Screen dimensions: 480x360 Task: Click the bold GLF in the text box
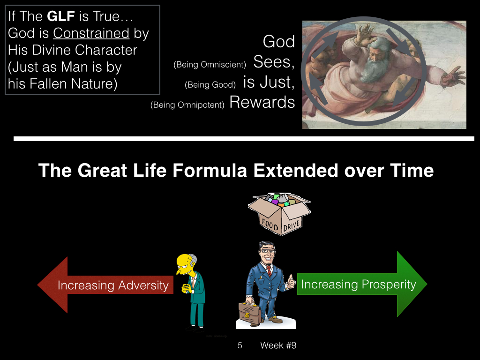pyautogui.click(x=61, y=16)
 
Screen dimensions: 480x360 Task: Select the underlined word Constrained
pyautogui.click(x=91, y=33)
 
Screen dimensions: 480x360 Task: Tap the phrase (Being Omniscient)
pyautogui.click(x=210, y=65)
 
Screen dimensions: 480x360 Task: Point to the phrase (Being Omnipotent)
pyautogui.click(x=187, y=105)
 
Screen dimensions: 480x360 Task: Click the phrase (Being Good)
pyautogui.click(x=210, y=85)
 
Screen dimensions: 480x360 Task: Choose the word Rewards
pyautogui.click(x=262, y=102)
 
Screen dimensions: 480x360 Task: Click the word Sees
pyautogui.click(x=274, y=62)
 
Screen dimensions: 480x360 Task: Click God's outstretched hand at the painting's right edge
pyautogui.click(x=452, y=76)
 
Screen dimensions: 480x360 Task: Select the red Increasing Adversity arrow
pyautogui.click(x=105, y=285)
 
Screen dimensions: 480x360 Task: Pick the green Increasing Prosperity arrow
pyautogui.click(x=362, y=284)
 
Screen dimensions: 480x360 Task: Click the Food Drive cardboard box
pyautogui.click(x=279, y=214)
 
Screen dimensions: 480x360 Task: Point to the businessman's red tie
pyautogui.click(x=269, y=271)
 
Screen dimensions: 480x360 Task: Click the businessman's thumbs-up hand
pyautogui.click(x=291, y=282)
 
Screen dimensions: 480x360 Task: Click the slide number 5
pyautogui.click(x=240, y=345)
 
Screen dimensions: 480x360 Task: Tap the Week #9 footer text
pyautogui.click(x=278, y=345)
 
